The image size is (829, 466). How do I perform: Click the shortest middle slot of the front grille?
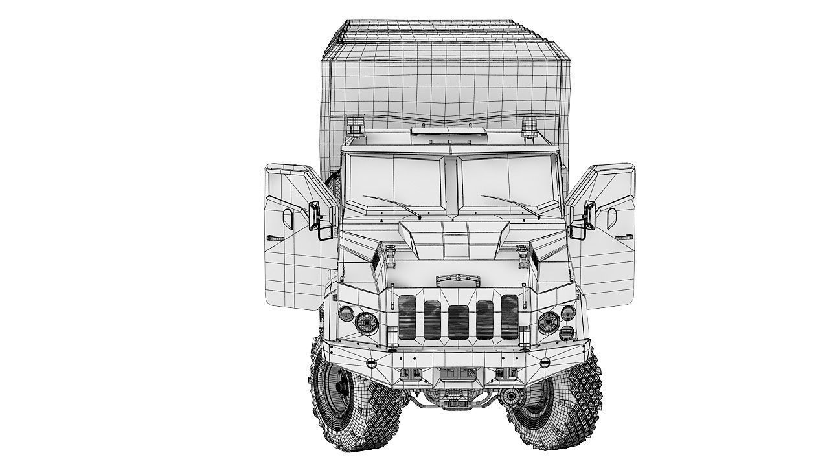coord(458,322)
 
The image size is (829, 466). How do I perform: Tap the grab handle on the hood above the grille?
coord(458,280)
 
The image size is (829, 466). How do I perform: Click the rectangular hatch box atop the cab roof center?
coord(448,133)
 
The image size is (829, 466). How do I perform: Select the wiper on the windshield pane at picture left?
coord(391,206)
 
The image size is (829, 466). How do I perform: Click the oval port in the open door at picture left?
coord(286,220)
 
